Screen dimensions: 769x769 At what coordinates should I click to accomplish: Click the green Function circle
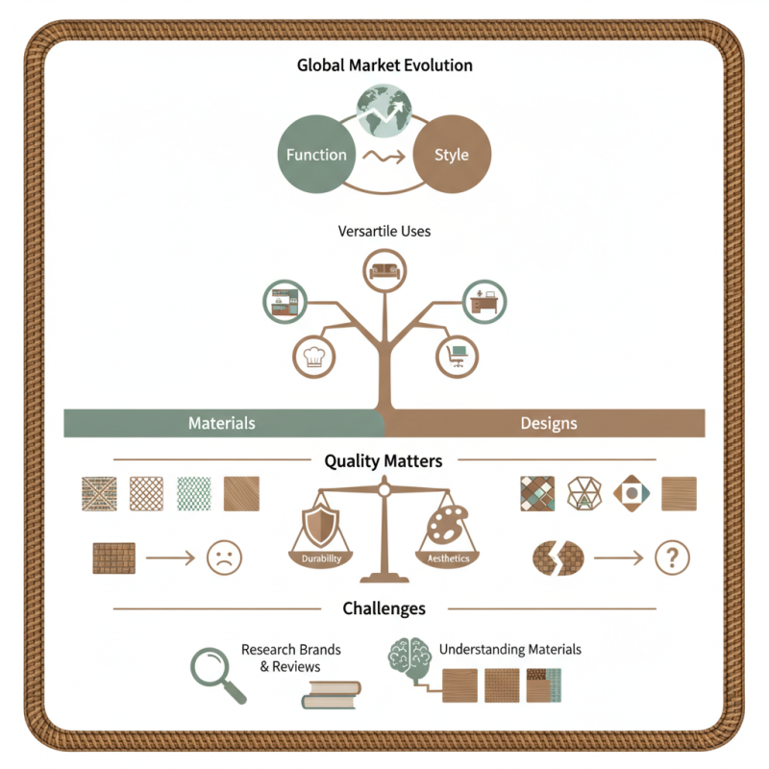[316, 154]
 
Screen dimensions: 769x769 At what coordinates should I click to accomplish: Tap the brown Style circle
[452, 154]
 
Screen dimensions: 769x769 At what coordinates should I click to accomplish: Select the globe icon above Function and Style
[384, 112]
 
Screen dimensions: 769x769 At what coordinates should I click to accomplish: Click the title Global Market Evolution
[384, 66]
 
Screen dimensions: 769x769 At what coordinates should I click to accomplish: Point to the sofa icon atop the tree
[384, 271]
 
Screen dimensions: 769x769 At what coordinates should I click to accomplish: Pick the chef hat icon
[314, 356]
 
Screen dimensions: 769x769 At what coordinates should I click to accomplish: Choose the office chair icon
[457, 356]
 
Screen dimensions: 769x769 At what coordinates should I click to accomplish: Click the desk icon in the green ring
[484, 302]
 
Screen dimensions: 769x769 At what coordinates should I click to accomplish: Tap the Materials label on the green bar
[221, 423]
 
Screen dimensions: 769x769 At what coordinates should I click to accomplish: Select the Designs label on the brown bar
[548, 423]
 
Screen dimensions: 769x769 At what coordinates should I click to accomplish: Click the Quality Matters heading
[384, 461]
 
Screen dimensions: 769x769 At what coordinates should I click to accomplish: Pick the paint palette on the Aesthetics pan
[447, 526]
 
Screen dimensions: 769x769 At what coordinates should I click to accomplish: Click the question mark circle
[672, 557]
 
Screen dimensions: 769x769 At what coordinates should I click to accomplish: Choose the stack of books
[331, 694]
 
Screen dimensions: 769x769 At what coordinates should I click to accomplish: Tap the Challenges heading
[384, 608]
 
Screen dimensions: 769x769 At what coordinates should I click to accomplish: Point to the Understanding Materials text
[509, 650]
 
